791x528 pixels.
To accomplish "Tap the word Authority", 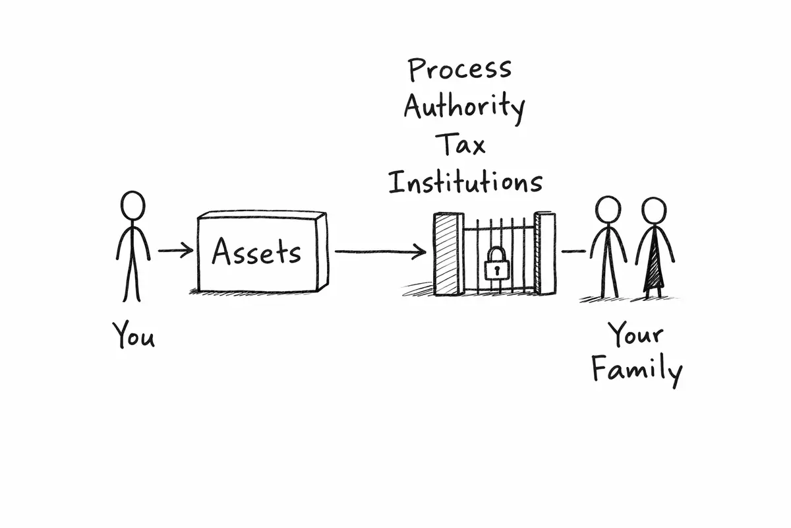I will click(x=464, y=106).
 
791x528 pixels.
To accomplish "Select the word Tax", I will click(x=463, y=144).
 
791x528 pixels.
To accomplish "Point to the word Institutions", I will click(x=465, y=181).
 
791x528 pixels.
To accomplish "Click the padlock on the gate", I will click(x=498, y=265).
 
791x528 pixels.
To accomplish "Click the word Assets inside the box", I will click(x=256, y=253).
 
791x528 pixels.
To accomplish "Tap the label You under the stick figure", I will click(x=134, y=335).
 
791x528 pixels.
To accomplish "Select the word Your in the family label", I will click(x=635, y=335).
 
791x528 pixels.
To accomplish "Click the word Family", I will click(x=636, y=370).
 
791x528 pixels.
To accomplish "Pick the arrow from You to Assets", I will click(x=176, y=250).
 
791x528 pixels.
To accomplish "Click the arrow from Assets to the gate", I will click(x=381, y=251).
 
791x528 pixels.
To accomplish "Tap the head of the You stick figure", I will click(x=133, y=205).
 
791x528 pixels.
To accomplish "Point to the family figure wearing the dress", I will click(x=654, y=251).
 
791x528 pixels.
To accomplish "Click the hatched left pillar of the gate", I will click(x=446, y=254).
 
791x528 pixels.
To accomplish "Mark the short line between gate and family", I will click(x=573, y=251).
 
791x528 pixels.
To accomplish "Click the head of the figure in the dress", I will click(x=654, y=211).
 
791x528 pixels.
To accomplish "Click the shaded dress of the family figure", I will click(x=654, y=267).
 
